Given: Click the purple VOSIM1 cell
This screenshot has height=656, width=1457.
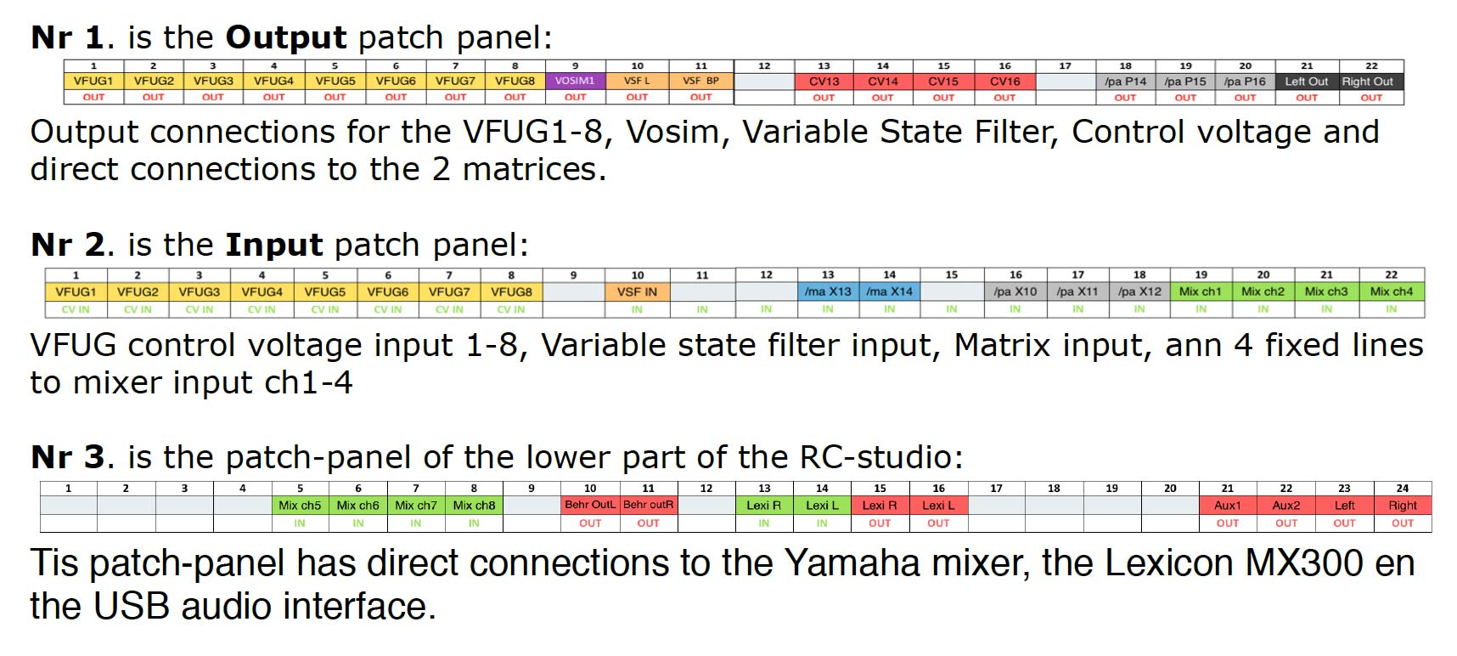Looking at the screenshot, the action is (575, 82).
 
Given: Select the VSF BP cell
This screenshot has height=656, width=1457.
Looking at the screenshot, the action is (700, 82).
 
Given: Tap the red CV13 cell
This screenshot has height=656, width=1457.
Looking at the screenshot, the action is (824, 82).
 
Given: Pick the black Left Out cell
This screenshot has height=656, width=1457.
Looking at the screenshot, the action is (1306, 82).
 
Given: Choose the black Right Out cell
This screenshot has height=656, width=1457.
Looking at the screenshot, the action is (1370, 82).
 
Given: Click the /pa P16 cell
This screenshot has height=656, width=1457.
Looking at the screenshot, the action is (1245, 82).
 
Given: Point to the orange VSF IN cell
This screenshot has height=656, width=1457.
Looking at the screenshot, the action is (637, 291).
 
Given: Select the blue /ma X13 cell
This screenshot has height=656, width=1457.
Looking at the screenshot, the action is (828, 291).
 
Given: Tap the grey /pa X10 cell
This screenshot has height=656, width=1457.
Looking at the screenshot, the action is (1015, 291).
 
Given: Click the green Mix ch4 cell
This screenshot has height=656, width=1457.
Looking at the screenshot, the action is (1391, 291).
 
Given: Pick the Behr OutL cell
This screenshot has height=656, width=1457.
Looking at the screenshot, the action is (590, 505).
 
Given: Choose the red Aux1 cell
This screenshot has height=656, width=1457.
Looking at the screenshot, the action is (1227, 505).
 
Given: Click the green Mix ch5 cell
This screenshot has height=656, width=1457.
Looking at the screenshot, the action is (300, 505).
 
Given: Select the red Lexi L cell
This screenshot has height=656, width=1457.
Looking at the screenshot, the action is (938, 505).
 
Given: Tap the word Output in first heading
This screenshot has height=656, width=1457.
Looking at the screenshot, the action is (286, 38).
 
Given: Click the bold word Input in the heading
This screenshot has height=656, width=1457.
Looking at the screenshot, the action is (274, 246).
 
